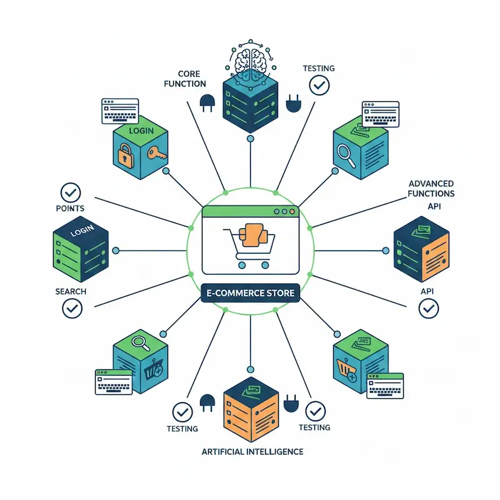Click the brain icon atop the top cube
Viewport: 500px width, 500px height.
coord(250,60)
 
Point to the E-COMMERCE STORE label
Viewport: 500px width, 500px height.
coord(251,292)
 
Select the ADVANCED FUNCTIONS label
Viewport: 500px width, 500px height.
coord(431,188)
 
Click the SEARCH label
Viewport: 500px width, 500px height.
coord(71,292)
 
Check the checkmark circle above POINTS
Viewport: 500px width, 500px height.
coord(71,191)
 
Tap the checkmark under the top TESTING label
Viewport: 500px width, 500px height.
coord(319,85)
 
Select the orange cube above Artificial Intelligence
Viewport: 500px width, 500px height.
coord(250,406)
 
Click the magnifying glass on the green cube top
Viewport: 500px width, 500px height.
coord(138,342)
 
